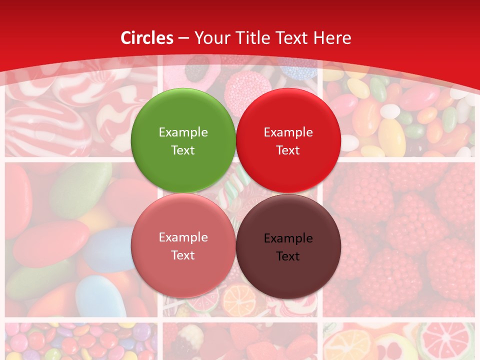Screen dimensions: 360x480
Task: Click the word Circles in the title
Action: click(x=147, y=38)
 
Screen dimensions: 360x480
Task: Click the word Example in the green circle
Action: click(x=183, y=132)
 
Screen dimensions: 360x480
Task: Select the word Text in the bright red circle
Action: click(x=288, y=150)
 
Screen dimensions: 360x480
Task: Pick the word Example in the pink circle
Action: click(x=183, y=237)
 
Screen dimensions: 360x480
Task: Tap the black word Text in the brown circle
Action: click(x=288, y=256)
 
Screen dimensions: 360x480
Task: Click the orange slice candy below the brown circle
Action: click(x=239, y=301)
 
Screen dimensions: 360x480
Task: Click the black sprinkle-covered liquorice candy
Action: click(x=197, y=73)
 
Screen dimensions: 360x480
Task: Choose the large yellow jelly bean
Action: click(x=391, y=135)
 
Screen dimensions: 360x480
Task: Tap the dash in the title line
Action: click(x=183, y=38)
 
